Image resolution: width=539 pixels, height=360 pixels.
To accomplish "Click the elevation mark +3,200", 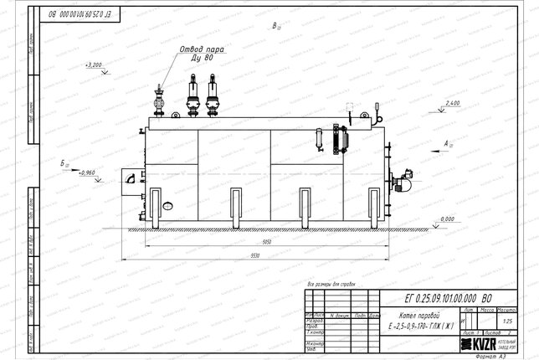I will click(x=94, y=64).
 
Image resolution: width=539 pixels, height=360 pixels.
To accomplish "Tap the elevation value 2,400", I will click(x=453, y=102).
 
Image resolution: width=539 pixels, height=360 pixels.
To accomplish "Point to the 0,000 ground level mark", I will click(x=447, y=219).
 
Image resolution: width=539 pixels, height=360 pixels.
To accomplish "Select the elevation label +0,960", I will click(x=87, y=172).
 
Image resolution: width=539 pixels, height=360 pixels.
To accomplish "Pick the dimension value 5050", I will click(x=265, y=241).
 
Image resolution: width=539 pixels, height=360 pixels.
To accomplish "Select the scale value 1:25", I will click(x=506, y=321).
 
